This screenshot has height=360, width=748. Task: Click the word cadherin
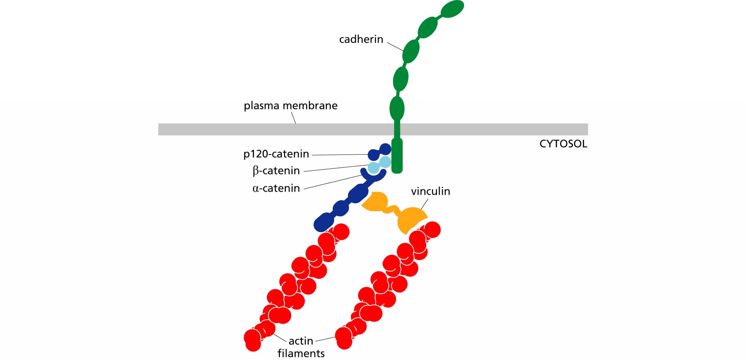pyautogui.click(x=361, y=39)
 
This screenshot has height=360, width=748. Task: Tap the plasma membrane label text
pyautogui.click(x=290, y=106)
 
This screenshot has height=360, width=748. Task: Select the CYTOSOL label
pyautogui.click(x=563, y=144)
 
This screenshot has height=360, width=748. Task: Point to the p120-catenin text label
pyautogui.click(x=276, y=154)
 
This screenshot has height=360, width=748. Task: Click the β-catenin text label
pyautogui.click(x=276, y=171)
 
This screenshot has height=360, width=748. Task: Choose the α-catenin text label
pyautogui.click(x=276, y=188)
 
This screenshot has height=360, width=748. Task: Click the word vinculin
pyautogui.click(x=430, y=191)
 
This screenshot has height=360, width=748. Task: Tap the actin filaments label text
pyautogui.click(x=301, y=347)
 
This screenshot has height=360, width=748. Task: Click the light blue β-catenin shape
pyautogui.click(x=379, y=165)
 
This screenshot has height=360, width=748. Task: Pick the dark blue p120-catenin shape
pyautogui.click(x=379, y=152)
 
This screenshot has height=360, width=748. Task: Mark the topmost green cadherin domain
pyautogui.click(x=452, y=9)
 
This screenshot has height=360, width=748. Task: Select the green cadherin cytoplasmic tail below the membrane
pyautogui.click(x=397, y=156)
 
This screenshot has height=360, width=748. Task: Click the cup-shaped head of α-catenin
pyautogui.click(x=373, y=176)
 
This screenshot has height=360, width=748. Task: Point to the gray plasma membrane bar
pyautogui.click(x=373, y=129)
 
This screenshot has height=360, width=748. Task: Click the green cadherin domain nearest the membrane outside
pyautogui.click(x=397, y=109)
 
